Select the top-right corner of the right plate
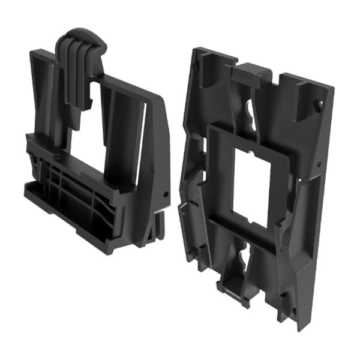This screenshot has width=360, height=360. tap(332, 89)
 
